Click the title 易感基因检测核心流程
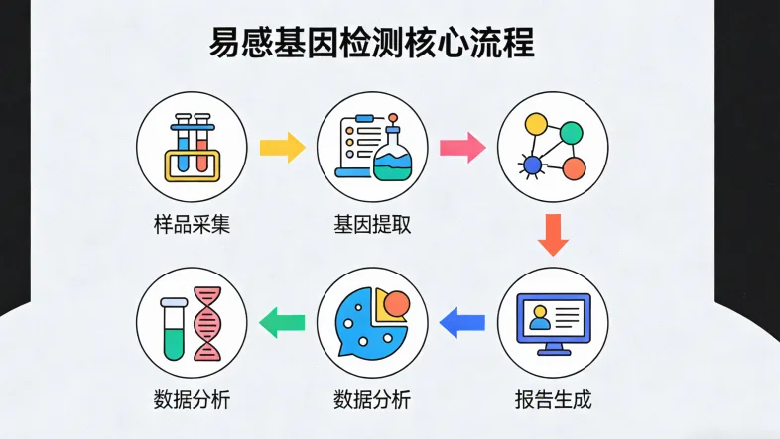click(372, 45)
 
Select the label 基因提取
click(372, 225)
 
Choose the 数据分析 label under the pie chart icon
click(372, 400)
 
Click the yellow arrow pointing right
click(282, 149)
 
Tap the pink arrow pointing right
click(462, 149)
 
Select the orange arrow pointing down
click(553, 235)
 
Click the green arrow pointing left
click(282, 320)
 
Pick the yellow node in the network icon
click(536, 124)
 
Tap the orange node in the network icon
click(573, 167)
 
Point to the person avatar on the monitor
click(540, 318)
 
